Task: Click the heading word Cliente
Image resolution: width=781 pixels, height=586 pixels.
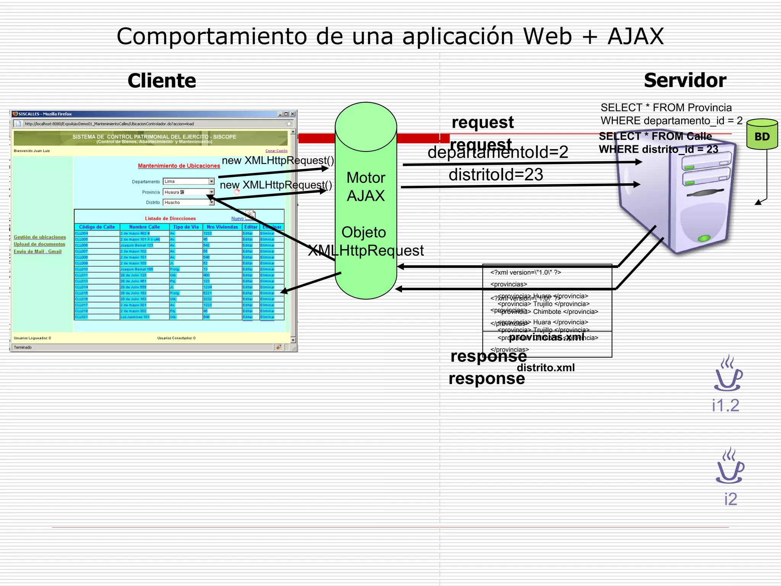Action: [x=162, y=81]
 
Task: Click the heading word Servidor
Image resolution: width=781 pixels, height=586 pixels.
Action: [x=685, y=80]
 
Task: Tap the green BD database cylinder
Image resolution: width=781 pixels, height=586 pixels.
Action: [x=762, y=135]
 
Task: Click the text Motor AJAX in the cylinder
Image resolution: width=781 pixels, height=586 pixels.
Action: [x=366, y=187]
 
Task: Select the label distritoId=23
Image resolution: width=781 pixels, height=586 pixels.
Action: [x=495, y=175]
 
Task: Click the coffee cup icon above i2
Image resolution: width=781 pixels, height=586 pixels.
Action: [x=730, y=466]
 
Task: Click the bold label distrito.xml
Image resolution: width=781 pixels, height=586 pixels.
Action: [x=545, y=368]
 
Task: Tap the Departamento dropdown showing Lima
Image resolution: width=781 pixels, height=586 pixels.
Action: [x=188, y=182]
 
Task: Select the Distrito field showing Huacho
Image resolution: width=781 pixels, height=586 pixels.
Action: [x=188, y=203]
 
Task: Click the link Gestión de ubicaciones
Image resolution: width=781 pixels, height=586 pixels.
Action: [x=40, y=237]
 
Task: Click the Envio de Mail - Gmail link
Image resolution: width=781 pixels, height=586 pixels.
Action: [x=37, y=252]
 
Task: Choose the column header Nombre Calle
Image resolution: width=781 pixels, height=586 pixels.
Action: [x=144, y=227]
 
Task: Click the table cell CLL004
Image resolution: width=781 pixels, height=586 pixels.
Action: [x=82, y=233]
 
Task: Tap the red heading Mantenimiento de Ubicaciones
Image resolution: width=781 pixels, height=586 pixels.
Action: [x=179, y=166]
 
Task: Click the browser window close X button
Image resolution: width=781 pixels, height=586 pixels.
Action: [x=292, y=114]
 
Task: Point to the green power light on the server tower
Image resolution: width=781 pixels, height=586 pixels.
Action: [x=704, y=238]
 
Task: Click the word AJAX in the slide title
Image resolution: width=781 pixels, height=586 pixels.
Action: [x=636, y=37]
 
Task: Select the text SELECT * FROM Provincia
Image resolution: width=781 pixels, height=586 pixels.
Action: [x=666, y=108]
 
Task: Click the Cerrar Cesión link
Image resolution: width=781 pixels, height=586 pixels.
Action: [x=276, y=151]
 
